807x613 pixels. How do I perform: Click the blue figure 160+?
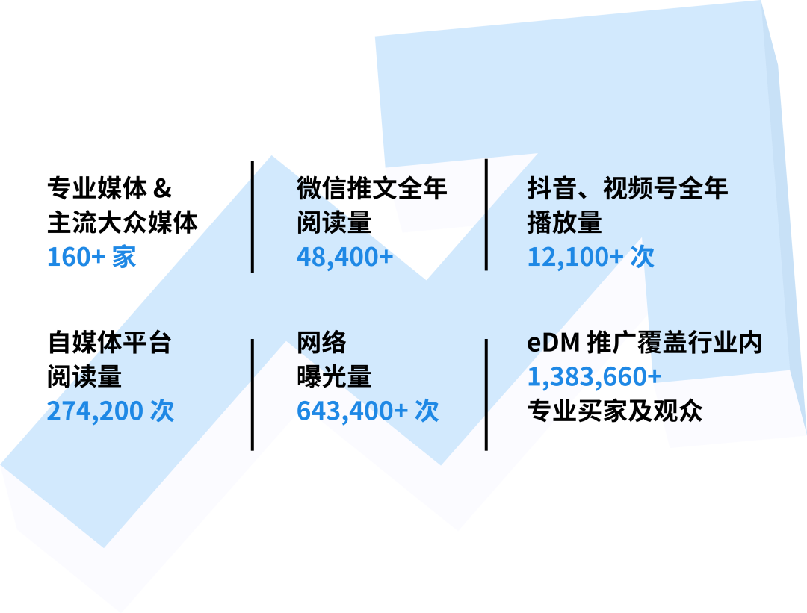point(76,257)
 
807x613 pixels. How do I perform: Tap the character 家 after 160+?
point(124,257)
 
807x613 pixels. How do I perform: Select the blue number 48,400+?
point(344,257)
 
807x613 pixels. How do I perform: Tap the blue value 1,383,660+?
point(594,377)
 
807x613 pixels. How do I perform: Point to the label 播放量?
point(564,223)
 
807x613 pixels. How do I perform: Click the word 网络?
point(321,343)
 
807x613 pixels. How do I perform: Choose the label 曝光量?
point(333,377)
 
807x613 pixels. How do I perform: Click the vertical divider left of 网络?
point(253,394)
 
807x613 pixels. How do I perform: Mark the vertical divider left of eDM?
point(486,394)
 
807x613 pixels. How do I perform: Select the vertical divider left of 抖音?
point(486,214)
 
